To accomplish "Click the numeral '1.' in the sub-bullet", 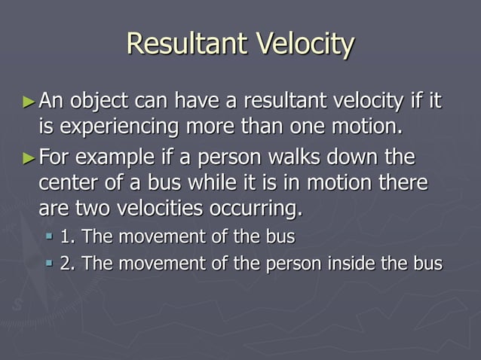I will pos(67,236).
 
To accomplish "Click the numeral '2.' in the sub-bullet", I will pos(67,263).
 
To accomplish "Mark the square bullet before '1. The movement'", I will pos(50,237).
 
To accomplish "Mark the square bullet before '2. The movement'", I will pos(50,264).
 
